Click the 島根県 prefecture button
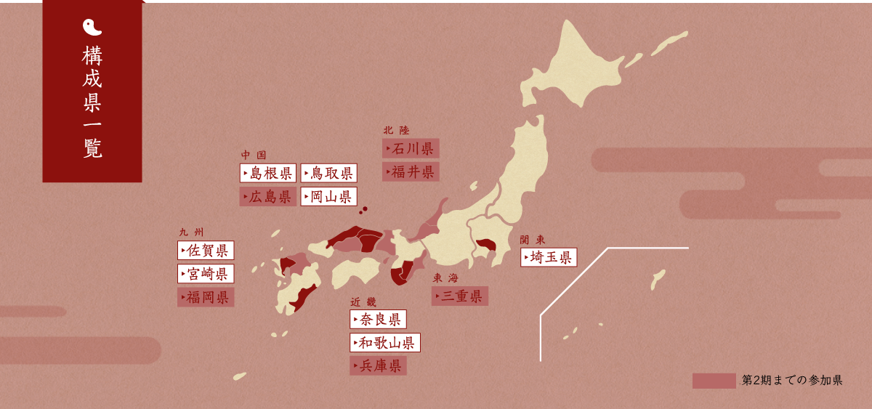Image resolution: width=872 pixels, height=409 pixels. point(268,173)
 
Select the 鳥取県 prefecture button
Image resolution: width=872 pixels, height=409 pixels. point(328,173)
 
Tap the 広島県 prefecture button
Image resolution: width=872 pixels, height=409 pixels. point(268,197)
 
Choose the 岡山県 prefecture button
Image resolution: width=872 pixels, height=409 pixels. point(328,197)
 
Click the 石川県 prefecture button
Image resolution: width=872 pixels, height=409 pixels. point(411,149)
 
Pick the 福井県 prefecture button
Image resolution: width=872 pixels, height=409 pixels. point(411,172)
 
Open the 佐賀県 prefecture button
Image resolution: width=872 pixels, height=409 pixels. point(206,251)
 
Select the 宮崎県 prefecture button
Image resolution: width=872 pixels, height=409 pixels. point(206,274)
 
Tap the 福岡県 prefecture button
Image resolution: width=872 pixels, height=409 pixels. point(206,297)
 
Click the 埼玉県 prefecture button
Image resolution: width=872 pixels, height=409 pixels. point(549,257)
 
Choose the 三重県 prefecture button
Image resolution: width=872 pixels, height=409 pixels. point(459,296)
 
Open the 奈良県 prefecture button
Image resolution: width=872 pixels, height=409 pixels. point(378,320)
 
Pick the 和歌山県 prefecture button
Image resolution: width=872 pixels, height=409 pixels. point(384,343)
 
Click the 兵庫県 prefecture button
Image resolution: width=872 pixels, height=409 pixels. point(378,366)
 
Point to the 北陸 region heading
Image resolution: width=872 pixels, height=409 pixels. point(397,131)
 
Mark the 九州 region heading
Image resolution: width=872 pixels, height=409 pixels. point(192,232)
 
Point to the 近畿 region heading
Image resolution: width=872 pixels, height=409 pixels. point(363,301)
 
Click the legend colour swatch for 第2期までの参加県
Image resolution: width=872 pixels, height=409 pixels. point(714,381)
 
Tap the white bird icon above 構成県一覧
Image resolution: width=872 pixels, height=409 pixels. point(92,28)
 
